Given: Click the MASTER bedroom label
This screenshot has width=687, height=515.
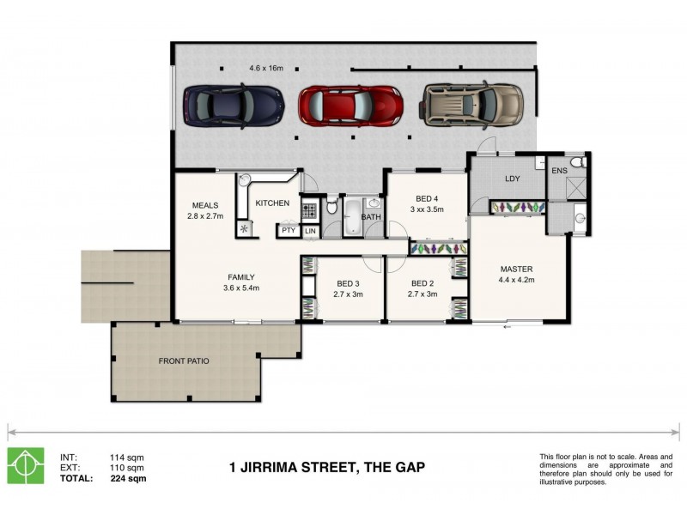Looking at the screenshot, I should click(x=516, y=269).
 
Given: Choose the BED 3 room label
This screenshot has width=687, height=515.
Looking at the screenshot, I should click(x=349, y=283).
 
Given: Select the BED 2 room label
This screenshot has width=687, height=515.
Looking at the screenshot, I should click(x=422, y=283).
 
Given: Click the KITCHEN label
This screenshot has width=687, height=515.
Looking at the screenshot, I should click(x=272, y=203).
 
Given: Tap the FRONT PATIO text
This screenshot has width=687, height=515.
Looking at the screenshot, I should click(x=184, y=361).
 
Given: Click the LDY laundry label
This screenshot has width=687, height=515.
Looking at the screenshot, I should click(x=513, y=179).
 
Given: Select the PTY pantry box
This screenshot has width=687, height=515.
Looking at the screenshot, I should click(x=288, y=231).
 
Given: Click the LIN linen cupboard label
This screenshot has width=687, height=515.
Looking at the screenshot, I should click(x=310, y=231).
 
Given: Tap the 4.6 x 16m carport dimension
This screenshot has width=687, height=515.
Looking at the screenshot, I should click(x=265, y=68).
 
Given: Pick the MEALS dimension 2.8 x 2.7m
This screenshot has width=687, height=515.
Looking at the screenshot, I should click(x=205, y=216).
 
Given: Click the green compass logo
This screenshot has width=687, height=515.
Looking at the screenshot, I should click(x=26, y=465).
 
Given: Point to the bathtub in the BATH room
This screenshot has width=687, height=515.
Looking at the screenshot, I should click(x=353, y=217).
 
